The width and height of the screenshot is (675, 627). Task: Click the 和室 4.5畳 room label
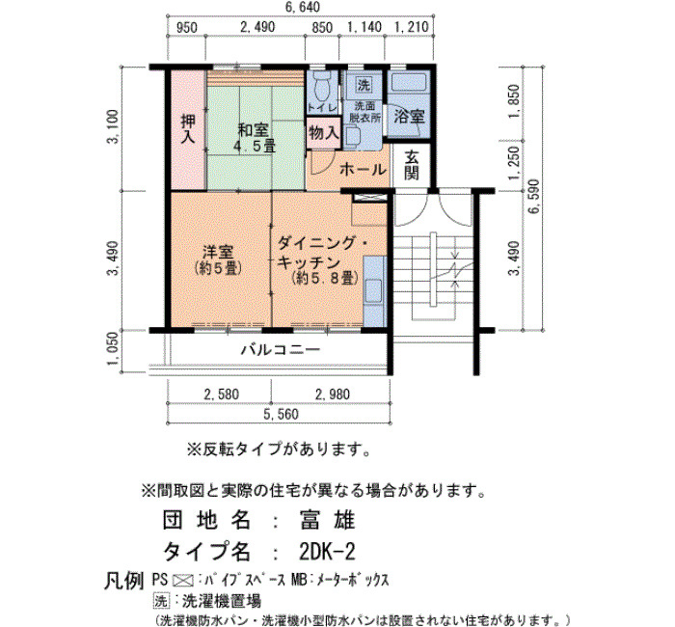tap(254, 138)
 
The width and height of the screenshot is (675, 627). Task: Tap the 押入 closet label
tap(188, 128)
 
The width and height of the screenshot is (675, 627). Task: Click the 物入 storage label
tap(324, 133)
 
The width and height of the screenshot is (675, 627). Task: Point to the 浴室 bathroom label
tap(410, 117)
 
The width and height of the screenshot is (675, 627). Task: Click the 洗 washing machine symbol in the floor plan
tap(364, 85)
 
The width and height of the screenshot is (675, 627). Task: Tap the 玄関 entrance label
tap(411, 165)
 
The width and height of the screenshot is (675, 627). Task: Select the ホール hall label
tap(363, 170)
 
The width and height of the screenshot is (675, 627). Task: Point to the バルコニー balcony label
tap(281, 349)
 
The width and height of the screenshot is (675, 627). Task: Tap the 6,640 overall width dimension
tap(303, 8)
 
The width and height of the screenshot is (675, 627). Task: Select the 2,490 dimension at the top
tap(257, 27)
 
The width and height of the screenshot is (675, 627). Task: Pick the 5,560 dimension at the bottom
tap(281, 414)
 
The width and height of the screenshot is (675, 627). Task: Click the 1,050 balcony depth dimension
tap(113, 348)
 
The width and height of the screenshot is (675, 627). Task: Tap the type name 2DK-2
tap(327, 551)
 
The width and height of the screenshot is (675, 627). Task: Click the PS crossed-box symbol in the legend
tap(182, 581)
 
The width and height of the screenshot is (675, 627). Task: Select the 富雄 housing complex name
tap(327, 520)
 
